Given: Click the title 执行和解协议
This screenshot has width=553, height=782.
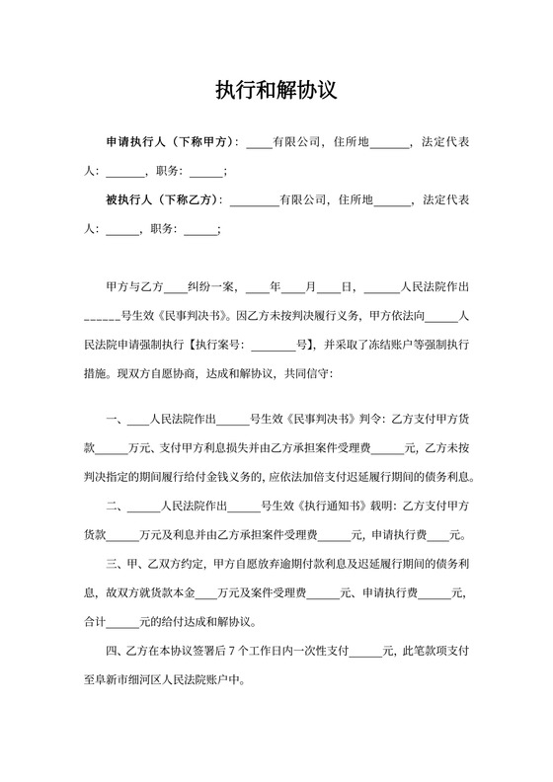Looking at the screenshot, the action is [x=276, y=91].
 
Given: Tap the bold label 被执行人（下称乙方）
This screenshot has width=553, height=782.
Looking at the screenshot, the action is [x=164, y=199].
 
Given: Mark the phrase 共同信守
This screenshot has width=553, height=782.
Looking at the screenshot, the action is [x=311, y=374].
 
